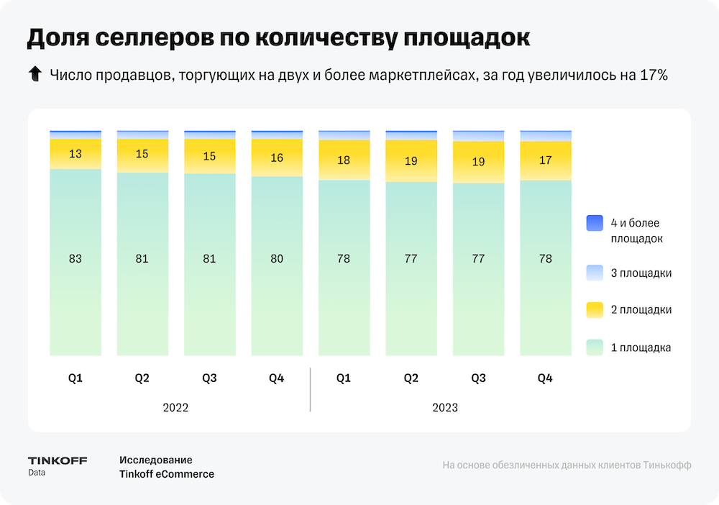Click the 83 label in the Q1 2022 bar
75,258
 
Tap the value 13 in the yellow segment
75,153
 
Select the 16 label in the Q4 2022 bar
277,158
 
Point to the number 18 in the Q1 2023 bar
344,160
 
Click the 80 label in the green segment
277,258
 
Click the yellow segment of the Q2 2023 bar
411,161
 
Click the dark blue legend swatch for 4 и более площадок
594,223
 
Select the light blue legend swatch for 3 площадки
594,273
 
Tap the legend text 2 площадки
641,310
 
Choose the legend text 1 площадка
641,347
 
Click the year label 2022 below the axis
175,407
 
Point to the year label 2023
445,407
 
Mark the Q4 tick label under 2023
545,378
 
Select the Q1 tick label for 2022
75,378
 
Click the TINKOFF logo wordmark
58,460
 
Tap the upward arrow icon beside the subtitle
34,74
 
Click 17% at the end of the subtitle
654,75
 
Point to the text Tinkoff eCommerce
167,474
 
